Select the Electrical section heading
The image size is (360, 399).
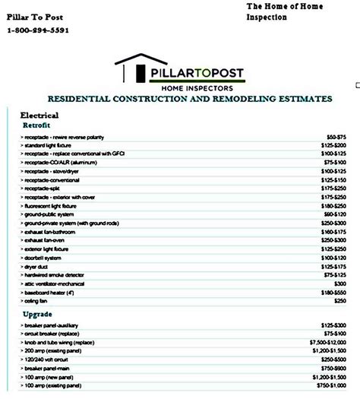coord(40,115)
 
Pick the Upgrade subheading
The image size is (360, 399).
coord(38,313)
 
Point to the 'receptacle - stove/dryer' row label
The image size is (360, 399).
coord(52,173)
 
